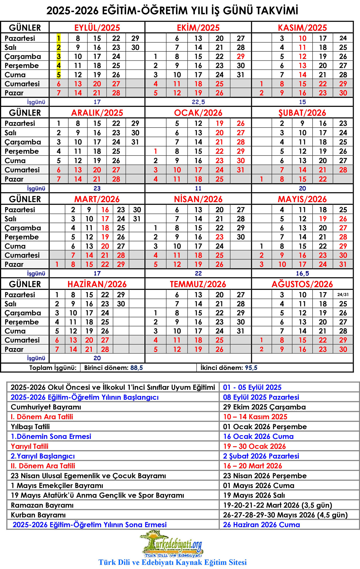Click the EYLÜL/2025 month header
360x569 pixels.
(97, 28)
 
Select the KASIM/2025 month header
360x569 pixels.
(302, 28)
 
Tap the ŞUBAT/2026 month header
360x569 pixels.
(302, 113)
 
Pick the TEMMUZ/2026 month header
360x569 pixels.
(198, 284)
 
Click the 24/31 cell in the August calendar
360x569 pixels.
(343, 295)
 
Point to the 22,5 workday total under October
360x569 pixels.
(198, 102)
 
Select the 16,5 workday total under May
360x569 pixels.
(302, 274)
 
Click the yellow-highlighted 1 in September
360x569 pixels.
(58, 38)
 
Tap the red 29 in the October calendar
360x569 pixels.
(240, 57)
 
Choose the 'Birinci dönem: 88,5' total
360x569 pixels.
(114, 368)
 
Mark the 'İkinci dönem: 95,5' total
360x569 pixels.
(229, 368)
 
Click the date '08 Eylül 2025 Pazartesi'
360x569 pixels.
(261, 397)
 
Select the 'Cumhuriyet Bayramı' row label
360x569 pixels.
(46, 407)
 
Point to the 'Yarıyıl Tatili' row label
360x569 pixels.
(30, 446)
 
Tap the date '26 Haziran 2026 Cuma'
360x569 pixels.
(261, 525)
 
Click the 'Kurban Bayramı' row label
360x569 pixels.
(38, 515)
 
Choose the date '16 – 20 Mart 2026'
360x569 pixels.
(253, 466)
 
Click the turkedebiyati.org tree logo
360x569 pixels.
(172, 544)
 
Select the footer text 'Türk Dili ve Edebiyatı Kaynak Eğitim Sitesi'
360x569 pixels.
(172, 562)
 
